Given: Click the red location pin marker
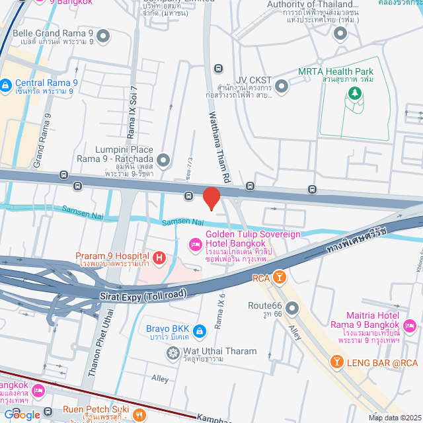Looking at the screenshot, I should [211, 198].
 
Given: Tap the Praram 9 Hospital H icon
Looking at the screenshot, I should [159, 256].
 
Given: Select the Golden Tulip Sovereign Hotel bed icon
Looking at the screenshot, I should [195, 245].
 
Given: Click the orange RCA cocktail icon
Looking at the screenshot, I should [279, 277].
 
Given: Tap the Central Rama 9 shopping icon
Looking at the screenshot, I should [6, 84].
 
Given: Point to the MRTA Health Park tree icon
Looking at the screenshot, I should [356, 93].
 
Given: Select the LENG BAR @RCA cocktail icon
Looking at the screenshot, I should [336, 362].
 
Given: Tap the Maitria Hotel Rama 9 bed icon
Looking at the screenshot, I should [409, 325].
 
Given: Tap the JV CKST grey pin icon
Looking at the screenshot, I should [282, 85].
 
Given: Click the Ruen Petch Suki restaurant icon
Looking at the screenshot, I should [139, 415].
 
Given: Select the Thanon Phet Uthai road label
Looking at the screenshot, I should [102, 350].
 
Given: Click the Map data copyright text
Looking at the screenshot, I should [394, 417].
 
